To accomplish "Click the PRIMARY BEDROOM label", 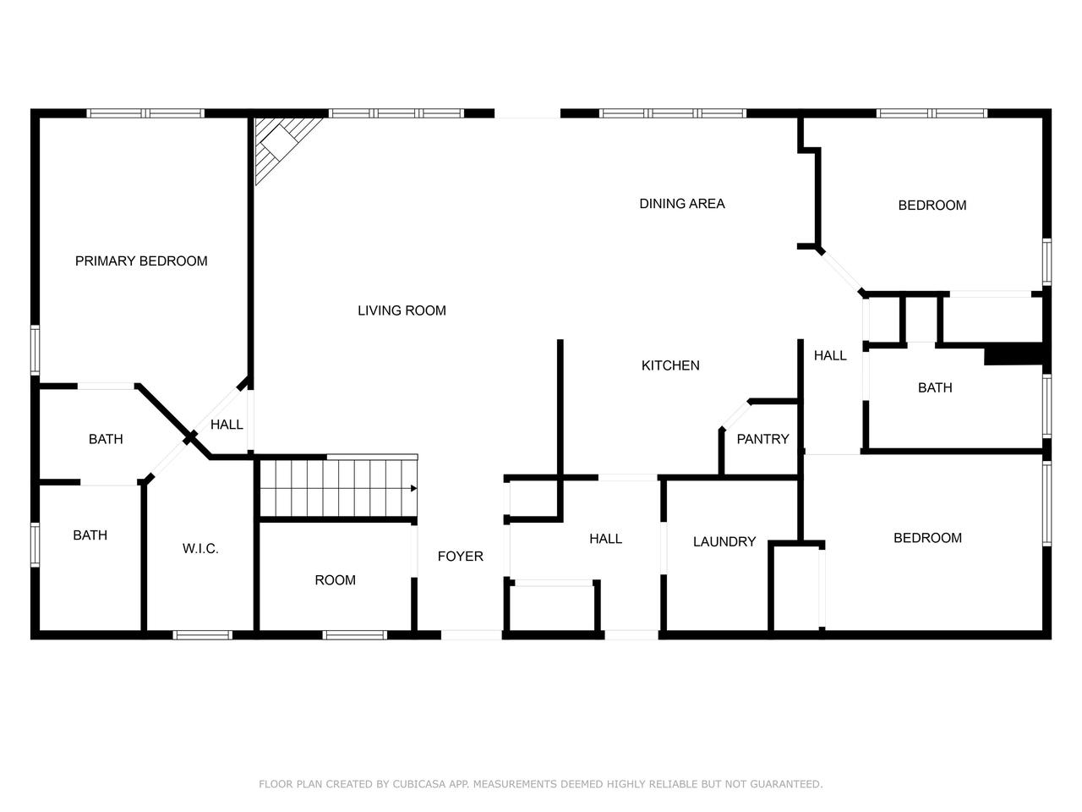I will coord(141,261).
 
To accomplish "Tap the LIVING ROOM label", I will coord(402,310).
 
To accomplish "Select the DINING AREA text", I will coord(681,204).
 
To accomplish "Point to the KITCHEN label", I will coord(670,365).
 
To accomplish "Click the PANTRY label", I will coord(762,439).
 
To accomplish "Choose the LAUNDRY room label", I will coord(724,542).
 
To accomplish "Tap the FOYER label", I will coord(460,557).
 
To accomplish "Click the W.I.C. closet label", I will coord(200,549).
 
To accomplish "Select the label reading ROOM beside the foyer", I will coord(335,580).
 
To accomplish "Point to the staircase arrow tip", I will coord(414,488).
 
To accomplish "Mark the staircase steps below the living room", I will coord(338,488).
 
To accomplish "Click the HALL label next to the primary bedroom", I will coord(227,425).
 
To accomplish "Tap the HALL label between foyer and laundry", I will coord(605,539).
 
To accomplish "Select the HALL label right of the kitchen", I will coord(829,356).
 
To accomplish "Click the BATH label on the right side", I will coord(935,388).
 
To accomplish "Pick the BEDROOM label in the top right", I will coord(932,206).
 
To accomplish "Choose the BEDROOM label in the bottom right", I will coord(927,538).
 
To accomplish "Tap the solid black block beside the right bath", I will coord(1014,354).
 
